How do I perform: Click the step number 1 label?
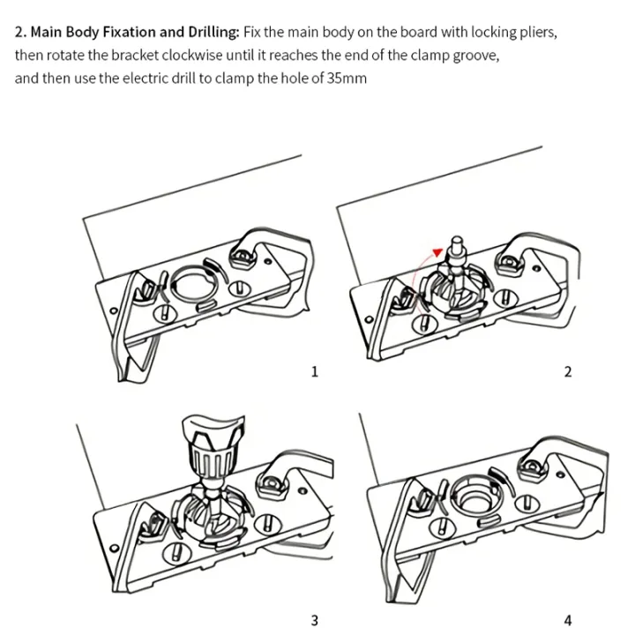point(314,371)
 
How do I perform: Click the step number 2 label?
point(568,371)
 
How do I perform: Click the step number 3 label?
point(314,620)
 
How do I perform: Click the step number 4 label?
point(568,620)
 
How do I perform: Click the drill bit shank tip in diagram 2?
point(456,241)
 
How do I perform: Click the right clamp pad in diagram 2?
point(510,261)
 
